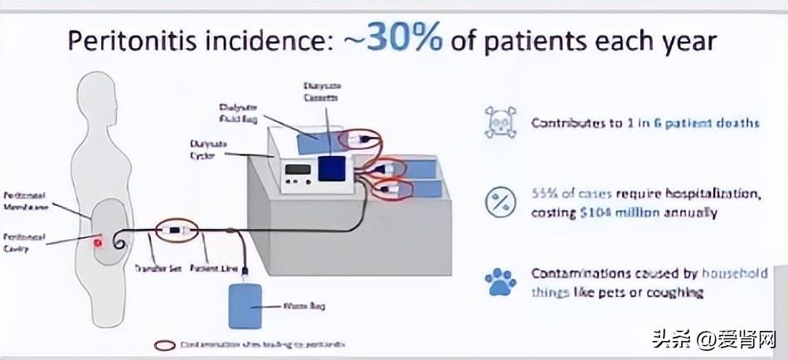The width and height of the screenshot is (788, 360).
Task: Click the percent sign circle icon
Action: coord(499,202)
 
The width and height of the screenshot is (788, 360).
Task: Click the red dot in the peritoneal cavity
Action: coord(97,244)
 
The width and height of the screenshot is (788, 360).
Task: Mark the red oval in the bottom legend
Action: coord(165,344)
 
